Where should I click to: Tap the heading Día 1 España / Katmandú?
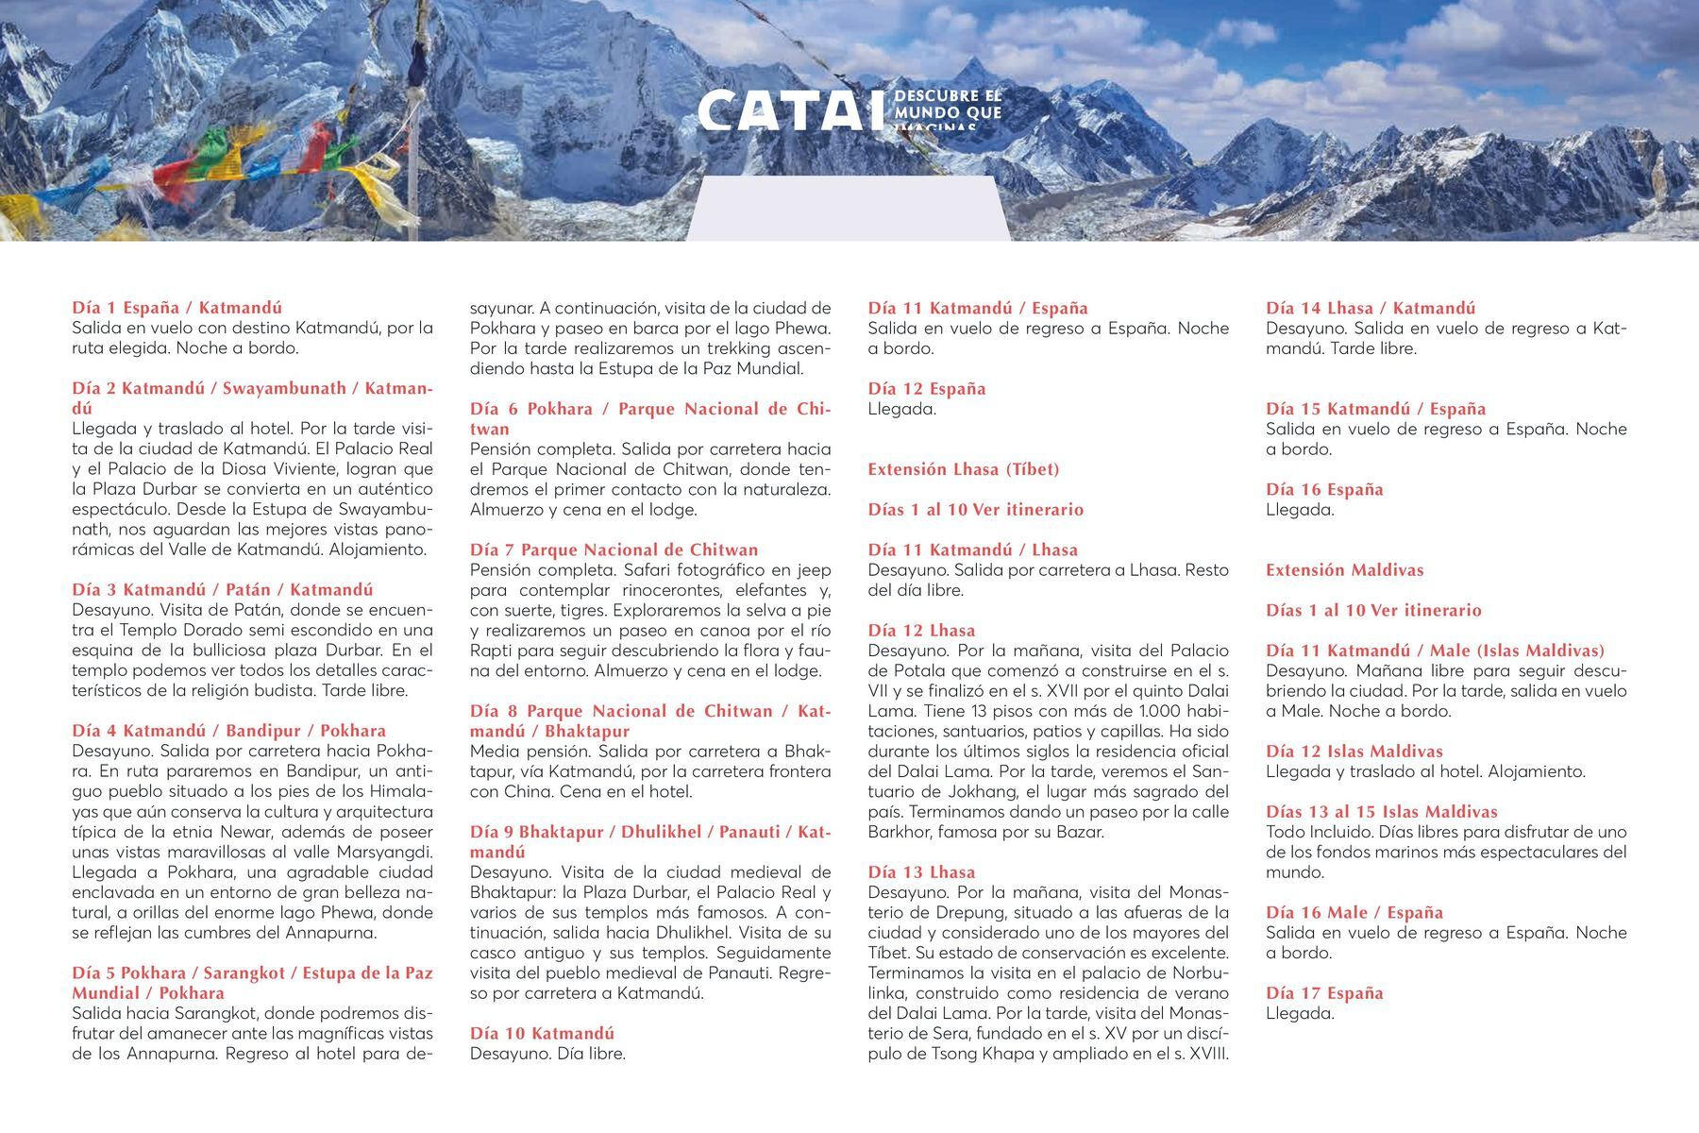[x=177, y=308]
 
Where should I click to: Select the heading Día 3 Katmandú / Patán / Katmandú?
[x=223, y=590]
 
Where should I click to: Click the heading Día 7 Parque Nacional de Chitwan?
[x=614, y=550]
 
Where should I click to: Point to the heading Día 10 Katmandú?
[x=542, y=1033]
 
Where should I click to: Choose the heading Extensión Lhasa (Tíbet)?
[x=964, y=469]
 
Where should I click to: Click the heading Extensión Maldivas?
[x=1344, y=570]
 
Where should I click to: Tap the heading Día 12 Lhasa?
[x=921, y=631]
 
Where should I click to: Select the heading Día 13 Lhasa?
[x=921, y=872]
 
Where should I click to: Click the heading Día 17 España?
[x=1324, y=993]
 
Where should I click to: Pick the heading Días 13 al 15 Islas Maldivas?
[x=1381, y=812]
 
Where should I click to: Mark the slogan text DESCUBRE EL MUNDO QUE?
[x=947, y=105]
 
